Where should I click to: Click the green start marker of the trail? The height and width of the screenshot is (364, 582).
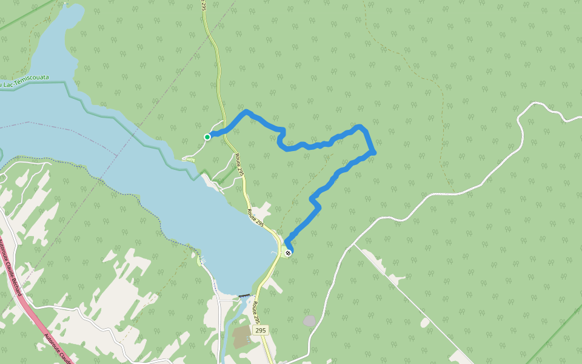point(207,137)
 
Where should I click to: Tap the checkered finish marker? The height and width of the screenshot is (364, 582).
point(288,253)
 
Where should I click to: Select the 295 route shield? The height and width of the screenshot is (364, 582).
point(261,331)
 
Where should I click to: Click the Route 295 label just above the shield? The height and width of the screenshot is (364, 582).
point(256,312)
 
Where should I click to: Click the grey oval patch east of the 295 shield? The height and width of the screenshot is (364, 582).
point(310,320)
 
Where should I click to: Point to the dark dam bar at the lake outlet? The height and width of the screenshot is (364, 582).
point(245,295)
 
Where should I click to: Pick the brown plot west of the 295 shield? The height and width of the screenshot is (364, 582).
point(241,334)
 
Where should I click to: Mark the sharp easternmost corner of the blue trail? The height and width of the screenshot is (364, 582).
point(375,152)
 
